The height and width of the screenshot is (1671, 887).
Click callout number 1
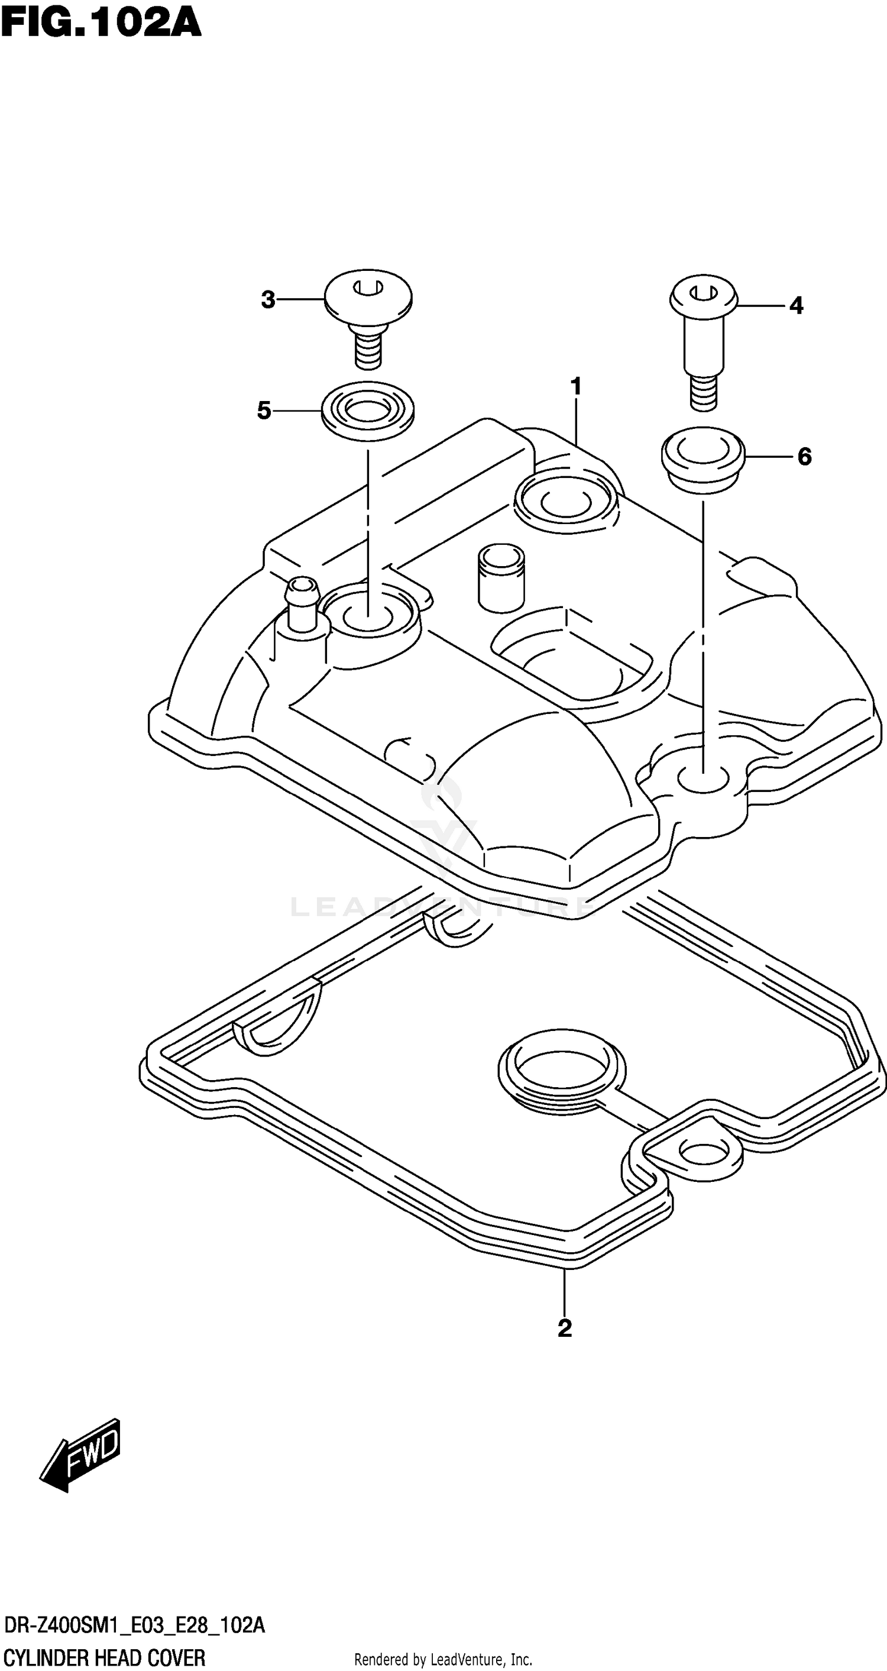(576, 387)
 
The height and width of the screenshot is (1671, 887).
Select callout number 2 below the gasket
(565, 1328)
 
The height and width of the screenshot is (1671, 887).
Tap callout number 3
(268, 300)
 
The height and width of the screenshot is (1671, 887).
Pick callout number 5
(264, 411)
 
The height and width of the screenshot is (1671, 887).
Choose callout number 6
(804, 457)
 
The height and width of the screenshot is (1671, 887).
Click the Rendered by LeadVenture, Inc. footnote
(443, 1658)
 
